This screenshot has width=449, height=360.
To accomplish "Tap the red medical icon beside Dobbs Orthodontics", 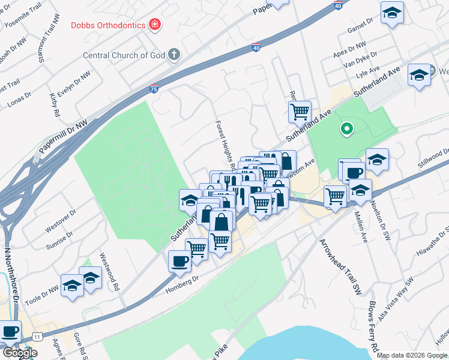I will click(155, 25).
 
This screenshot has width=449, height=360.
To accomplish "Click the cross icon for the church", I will click(173, 55).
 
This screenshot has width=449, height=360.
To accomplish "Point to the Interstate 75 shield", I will click(154, 89).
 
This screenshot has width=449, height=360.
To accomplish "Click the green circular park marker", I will click(346, 128).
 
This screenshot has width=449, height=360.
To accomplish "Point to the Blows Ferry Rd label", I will click(373, 327).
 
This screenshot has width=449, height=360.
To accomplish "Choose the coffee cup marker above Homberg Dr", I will click(179, 261).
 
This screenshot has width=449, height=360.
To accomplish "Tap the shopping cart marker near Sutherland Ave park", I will click(299, 111).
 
